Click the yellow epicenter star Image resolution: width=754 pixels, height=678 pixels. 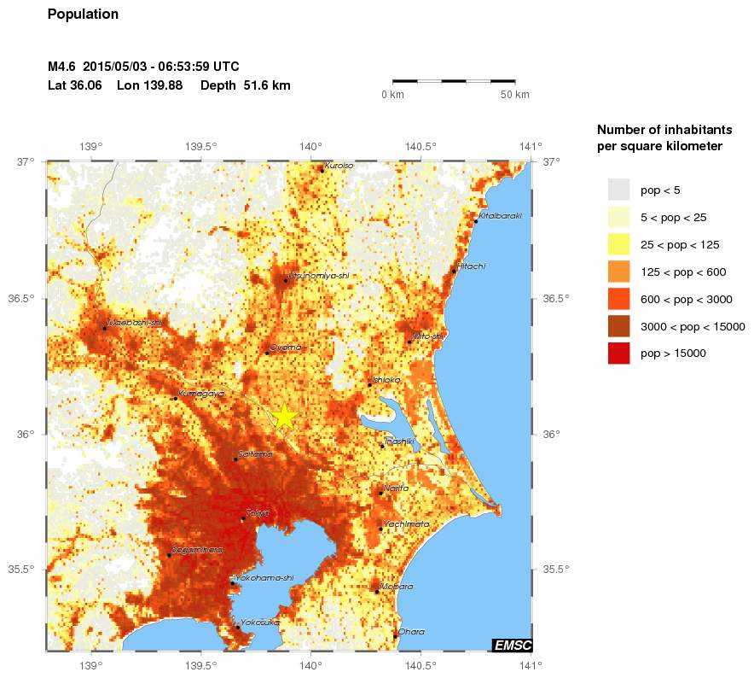click(x=284, y=416)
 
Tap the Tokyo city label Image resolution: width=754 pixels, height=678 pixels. click(x=258, y=512)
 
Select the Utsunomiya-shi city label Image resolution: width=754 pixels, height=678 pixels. click(x=320, y=276)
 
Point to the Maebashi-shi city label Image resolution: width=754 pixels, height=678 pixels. click(x=135, y=323)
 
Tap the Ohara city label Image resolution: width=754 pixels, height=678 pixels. click(x=411, y=632)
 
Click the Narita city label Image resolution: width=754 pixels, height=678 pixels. click(x=396, y=488)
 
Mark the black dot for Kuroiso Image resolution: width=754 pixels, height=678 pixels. click(x=322, y=170)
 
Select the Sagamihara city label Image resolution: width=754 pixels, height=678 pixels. click(x=198, y=550)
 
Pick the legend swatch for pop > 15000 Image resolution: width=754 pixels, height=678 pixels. click(x=618, y=353)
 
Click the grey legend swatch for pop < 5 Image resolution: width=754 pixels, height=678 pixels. click(x=618, y=190)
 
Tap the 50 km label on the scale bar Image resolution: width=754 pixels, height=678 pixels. click(x=514, y=94)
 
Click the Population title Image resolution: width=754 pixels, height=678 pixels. click(x=83, y=15)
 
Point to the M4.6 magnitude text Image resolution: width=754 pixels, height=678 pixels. click(x=62, y=67)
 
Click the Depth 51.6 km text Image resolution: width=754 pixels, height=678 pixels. click(x=246, y=85)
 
